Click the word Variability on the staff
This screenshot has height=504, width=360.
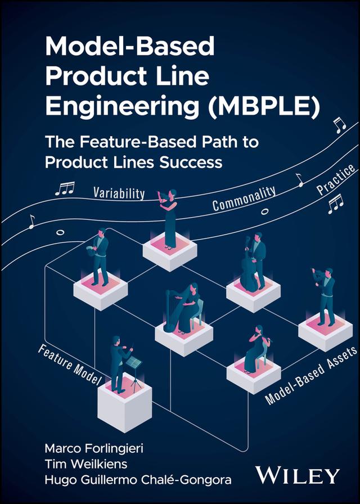[119, 193]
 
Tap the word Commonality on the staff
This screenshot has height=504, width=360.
[244, 198]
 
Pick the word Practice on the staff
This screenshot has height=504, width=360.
[335, 179]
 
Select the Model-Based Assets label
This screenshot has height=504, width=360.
[311, 376]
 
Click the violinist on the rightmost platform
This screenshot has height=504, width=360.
[325, 295]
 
